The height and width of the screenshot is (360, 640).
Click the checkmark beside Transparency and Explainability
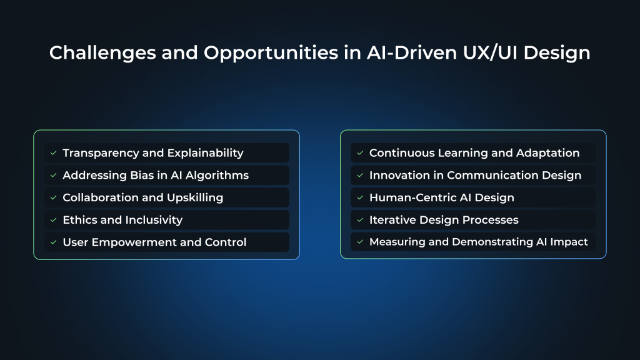(x=54, y=153)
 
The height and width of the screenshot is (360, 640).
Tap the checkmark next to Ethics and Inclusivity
(x=54, y=220)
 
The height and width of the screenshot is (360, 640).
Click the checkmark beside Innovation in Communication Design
(x=360, y=176)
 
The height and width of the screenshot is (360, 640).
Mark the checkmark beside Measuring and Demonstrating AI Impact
(x=360, y=242)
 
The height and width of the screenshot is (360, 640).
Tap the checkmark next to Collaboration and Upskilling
(x=54, y=197)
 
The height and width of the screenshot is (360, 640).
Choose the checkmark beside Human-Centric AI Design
(x=360, y=197)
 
